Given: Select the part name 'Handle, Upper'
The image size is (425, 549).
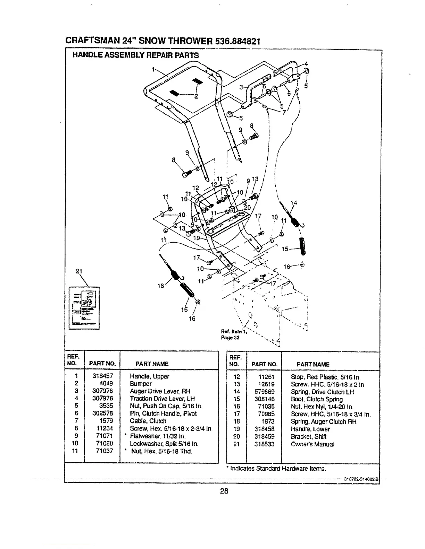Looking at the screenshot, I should click(x=149, y=376).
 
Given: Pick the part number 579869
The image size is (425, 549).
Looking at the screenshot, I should click(x=266, y=392).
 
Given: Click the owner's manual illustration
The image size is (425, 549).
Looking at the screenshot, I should click(x=84, y=307).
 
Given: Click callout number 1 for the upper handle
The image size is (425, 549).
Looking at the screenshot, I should click(x=153, y=69).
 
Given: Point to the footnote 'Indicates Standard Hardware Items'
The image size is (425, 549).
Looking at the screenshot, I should click(x=277, y=469).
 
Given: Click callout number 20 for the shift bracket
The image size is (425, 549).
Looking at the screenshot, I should click(x=247, y=208).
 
